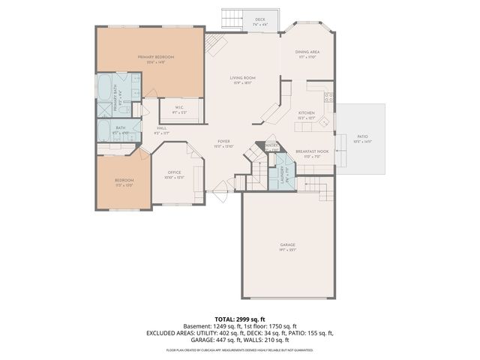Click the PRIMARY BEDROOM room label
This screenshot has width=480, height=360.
155,58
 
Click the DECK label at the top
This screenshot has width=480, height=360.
259,20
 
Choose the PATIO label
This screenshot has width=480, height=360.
362,136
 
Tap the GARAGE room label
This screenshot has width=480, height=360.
288,244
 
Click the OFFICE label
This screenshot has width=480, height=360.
174,172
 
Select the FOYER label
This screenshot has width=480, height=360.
223,141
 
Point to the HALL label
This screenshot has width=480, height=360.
161,128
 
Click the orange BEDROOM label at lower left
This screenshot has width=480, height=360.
124,180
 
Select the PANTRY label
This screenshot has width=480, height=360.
271,145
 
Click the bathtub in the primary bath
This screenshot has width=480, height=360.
104,88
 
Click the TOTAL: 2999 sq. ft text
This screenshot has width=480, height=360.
240,319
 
